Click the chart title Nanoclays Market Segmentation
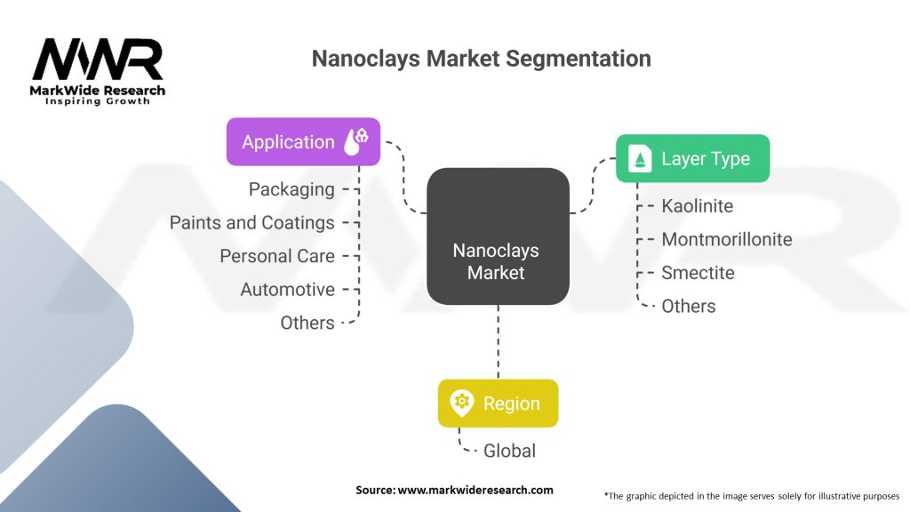coord(481,59)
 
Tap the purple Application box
coord(303,141)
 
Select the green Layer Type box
coord(692,159)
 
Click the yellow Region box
coord(498,403)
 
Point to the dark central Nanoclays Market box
coord(497,236)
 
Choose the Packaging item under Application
coord(291,189)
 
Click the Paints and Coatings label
coord(252,223)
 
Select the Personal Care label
coord(277,256)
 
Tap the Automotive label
coord(287,290)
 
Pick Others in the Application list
coord(307,323)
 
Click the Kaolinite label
coord(698,206)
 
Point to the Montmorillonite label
coord(727,239)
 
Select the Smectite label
coord(698,273)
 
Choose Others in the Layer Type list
coord(689,306)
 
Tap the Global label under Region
coord(509,451)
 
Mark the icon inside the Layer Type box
coord(640,159)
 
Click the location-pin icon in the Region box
coord(461,403)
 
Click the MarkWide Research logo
coord(99,72)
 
